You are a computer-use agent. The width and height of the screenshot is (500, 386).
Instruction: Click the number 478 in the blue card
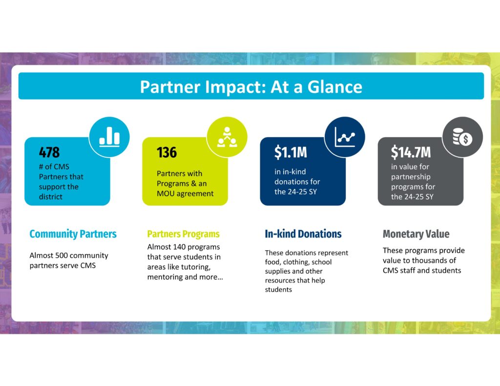[49, 152]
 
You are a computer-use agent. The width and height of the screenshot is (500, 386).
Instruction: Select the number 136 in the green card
[167, 152]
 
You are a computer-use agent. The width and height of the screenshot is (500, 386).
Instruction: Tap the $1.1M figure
[291, 152]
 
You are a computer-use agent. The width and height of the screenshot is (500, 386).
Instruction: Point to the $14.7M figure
[411, 152]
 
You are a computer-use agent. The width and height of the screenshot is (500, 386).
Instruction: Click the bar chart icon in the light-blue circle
[109, 137]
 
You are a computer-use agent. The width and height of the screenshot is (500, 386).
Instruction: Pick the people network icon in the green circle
[227, 137]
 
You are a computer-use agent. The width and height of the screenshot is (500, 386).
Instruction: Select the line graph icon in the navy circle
[345, 137]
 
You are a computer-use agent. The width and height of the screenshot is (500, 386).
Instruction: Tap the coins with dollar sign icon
[463, 137]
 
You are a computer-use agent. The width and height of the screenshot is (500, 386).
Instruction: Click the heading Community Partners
[73, 234]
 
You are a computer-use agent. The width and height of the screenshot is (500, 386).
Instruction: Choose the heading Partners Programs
[184, 234]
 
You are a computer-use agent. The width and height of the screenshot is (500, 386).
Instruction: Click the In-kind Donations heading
[303, 234]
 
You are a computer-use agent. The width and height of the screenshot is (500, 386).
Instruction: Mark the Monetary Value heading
[416, 234]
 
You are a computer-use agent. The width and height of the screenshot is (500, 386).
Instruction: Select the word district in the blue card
[51, 197]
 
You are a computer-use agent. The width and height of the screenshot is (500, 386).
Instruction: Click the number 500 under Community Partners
[62, 255]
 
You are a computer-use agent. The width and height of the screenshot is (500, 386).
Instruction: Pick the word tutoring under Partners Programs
[194, 267]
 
